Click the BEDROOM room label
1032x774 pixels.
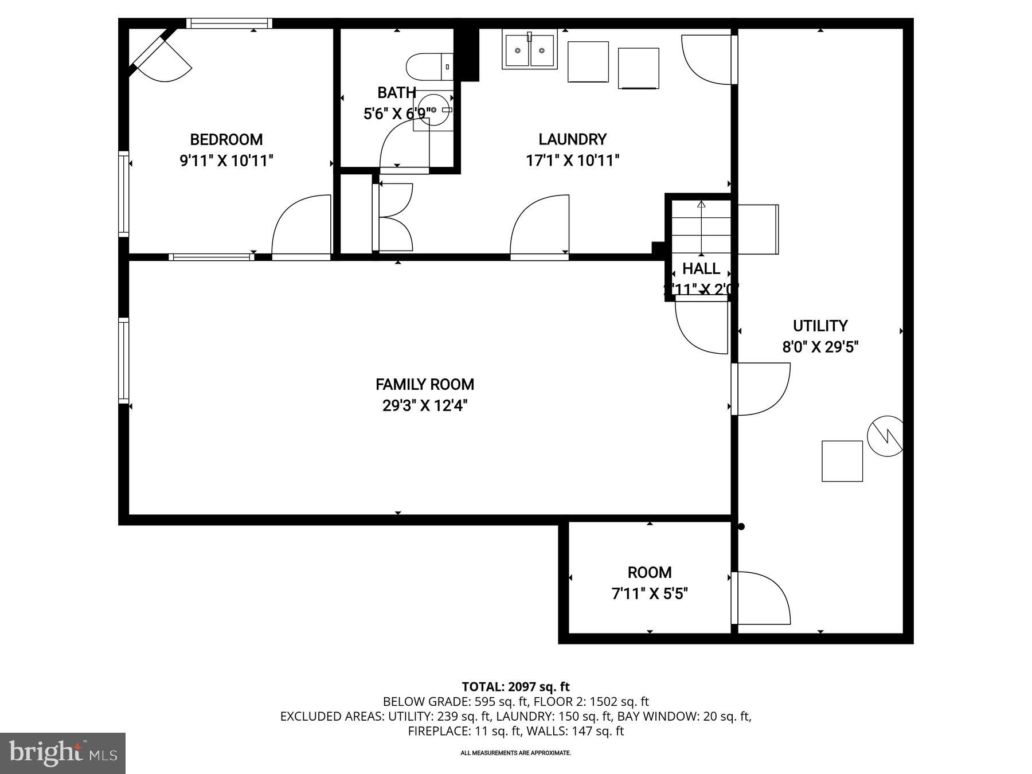226,139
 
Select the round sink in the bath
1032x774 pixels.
433,110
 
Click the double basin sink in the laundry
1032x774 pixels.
529,50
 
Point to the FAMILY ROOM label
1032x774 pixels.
425,384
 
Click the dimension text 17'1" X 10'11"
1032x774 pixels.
572,161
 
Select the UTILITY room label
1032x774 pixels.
820,326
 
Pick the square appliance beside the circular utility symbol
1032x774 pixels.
842,461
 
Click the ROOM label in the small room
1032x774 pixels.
649,572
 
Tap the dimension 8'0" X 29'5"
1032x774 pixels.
820,347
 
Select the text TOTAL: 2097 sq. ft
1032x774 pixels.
515,686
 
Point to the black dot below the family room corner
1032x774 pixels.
741,526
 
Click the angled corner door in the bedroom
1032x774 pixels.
158,56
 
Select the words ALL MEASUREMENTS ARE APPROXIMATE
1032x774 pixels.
515,753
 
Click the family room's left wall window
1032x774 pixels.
124,360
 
